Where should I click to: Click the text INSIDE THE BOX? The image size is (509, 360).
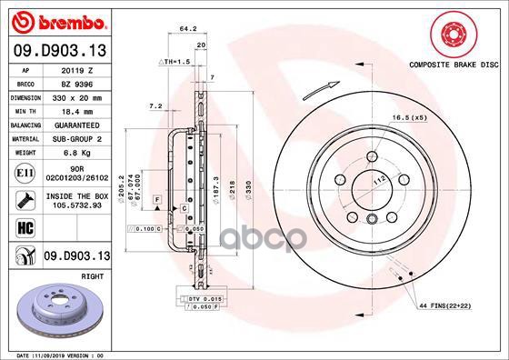(72, 195)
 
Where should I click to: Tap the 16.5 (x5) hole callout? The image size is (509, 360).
(409, 118)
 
